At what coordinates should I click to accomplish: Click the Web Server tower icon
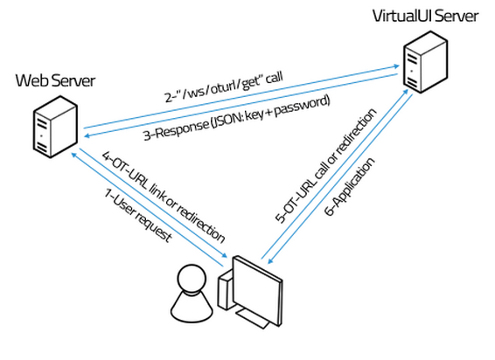(x=55, y=127)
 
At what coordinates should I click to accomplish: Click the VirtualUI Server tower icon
(x=425, y=62)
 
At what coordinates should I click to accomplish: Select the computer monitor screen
(x=257, y=291)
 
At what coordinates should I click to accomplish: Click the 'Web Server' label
(x=55, y=80)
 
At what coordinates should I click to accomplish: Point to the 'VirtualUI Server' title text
(x=425, y=16)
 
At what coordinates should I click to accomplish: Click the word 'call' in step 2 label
(x=274, y=78)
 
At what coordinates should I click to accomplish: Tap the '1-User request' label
(x=138, y=215)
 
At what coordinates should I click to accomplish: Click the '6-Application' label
(x=350, y=186)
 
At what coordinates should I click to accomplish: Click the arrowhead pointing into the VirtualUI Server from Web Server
(x=396, y=66)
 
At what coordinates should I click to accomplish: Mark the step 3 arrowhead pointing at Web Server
(x=87, y=135)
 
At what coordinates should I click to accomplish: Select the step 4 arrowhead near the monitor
(x=224, y=255)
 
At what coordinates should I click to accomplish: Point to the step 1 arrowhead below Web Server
(x=73, y=155)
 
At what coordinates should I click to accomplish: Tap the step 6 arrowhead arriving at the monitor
(x=270, y=260)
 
